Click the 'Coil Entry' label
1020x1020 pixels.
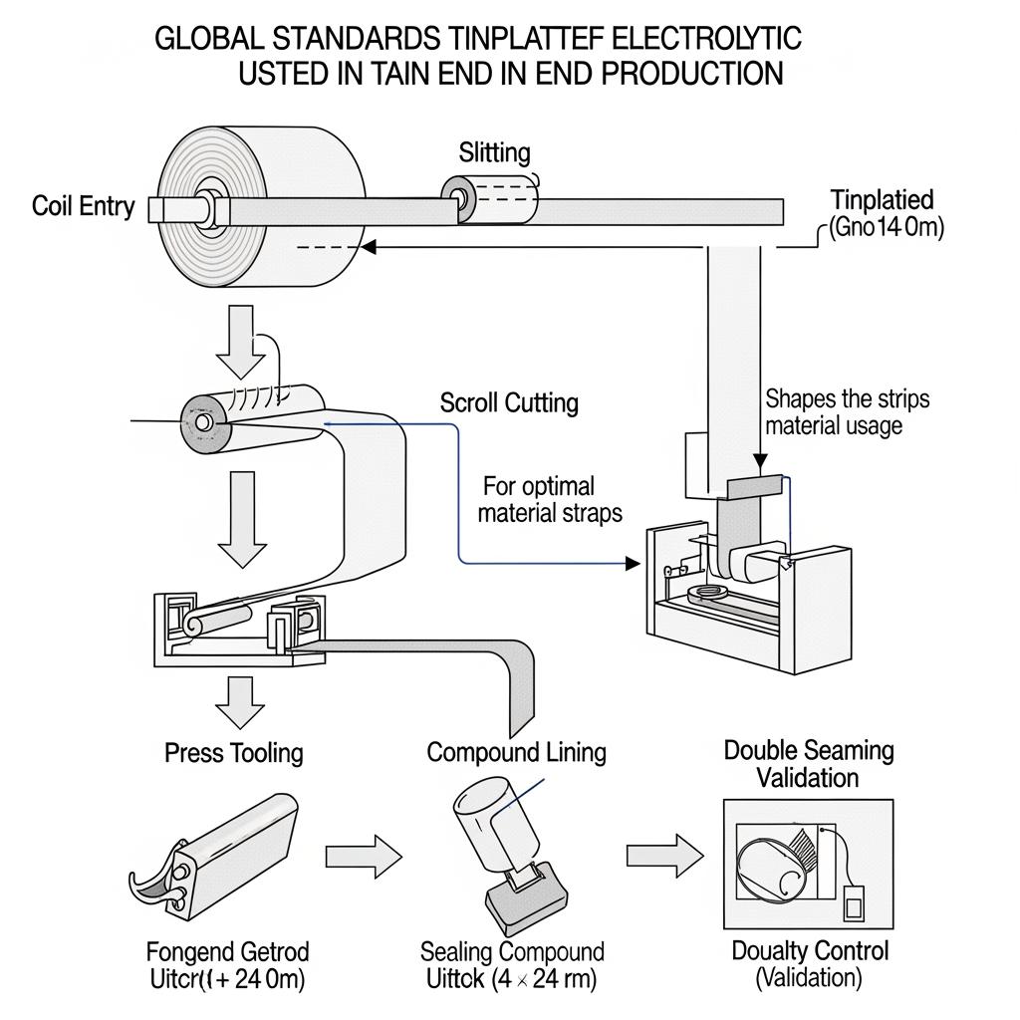[83, 206]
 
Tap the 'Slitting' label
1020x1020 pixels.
[494, 152]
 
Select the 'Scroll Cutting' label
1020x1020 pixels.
[508, 402]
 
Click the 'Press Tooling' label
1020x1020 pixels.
[233, 752]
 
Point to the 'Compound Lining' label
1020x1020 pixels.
[516, 751]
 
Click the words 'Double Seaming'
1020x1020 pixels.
[808, 750]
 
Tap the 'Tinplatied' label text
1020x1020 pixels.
[882, 199]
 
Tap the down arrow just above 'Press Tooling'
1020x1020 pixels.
[239, 701]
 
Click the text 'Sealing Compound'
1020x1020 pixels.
[512, 951]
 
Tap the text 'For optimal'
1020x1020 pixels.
[538, 486]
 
